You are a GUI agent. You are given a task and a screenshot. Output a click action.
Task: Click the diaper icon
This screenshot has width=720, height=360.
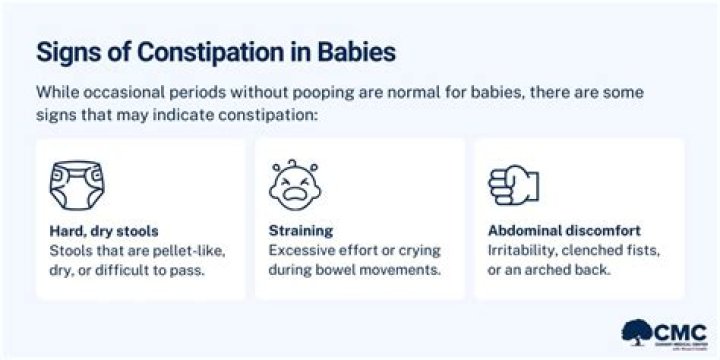(x=78, y=184)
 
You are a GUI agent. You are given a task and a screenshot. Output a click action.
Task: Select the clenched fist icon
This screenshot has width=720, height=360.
(x=512, y=184)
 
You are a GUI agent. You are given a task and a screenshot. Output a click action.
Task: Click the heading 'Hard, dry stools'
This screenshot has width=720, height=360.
(x=98, y=229)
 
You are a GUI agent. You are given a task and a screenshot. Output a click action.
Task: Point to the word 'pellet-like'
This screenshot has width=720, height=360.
(x=196, y=249)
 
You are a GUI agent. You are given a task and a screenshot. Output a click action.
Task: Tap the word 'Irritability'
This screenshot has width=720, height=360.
(x=523, y=249)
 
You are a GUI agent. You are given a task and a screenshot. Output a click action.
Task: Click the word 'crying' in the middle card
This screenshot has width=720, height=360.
(x=418, y=249)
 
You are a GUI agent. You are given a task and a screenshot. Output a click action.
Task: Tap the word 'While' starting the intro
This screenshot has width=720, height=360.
(x=58, y=92)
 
